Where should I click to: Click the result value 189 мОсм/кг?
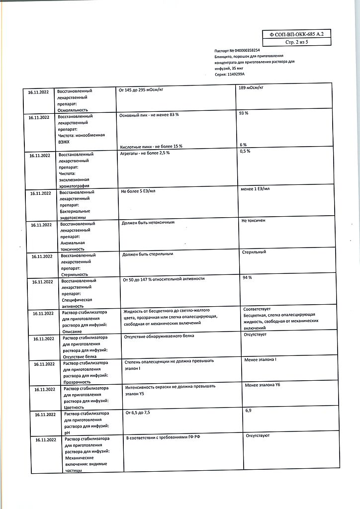pos(251,88)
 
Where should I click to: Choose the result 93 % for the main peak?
pos(244,113)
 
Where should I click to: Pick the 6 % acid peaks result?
pos(243,144)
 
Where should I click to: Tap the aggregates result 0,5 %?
pos(245,151)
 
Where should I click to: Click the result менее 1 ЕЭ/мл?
pos(255,189)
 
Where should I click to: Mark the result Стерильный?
pos(254,252)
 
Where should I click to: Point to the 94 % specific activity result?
pos(246,277)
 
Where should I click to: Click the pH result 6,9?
pos(248,411)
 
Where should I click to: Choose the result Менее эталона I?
pos(261,359)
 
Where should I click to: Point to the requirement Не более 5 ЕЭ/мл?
pos(138,191)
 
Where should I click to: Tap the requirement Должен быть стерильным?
pos(147,254)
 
